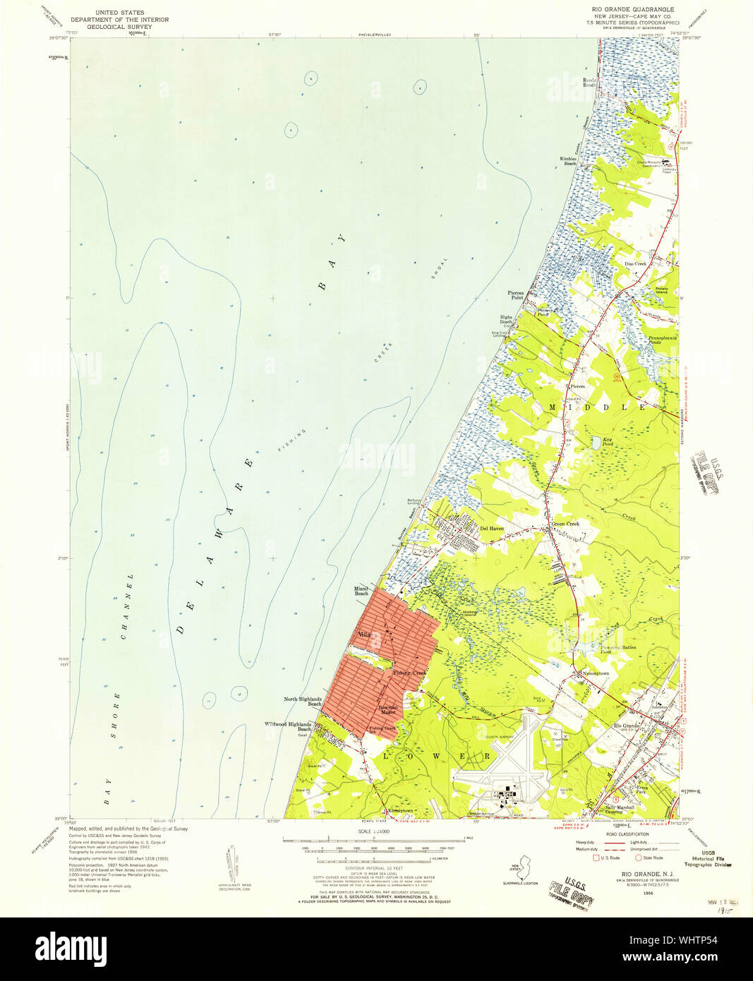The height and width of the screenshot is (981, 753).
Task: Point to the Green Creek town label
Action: pyautogui.click(x=565, y=524)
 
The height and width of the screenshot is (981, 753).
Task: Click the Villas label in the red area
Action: pyautogui.click(x=365, y=635)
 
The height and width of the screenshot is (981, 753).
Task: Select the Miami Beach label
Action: pyautogui.click(x=361, y=591)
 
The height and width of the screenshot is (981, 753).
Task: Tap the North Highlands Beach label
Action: pyautogui.click(x=303, y=702)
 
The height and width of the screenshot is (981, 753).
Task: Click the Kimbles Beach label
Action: pyautogui.click(x=568, y=161)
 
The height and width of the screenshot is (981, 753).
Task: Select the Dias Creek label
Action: pyautogui.click(x=635, y=264)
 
